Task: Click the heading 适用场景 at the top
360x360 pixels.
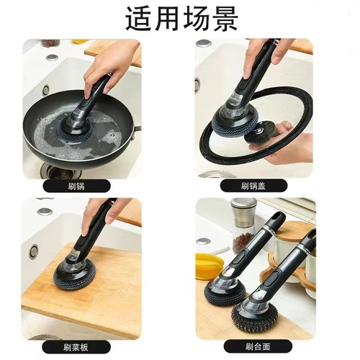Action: click(x=180, y=19)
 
